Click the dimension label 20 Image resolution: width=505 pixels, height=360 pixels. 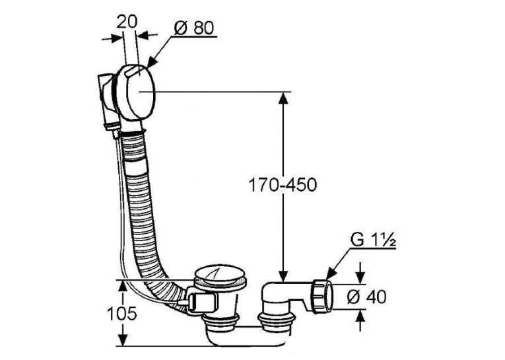click(127, 22)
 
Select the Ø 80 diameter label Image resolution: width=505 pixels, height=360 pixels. click(194, 28)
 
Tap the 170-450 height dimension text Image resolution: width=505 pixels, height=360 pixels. click(283, 185)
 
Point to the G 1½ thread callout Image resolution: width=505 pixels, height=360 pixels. click(372, 241)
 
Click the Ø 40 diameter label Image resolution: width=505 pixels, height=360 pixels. click(366, 297)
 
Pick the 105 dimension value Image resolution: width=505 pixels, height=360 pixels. click(121, 313)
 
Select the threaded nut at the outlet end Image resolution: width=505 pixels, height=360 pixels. click(322, 296)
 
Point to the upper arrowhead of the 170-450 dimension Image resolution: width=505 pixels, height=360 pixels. click(283, 99)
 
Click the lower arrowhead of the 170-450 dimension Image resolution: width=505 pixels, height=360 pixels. click(283, 275)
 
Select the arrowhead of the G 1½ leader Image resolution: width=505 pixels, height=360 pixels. click(331, 274)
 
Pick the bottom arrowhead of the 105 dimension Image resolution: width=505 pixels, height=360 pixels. click(122, 340)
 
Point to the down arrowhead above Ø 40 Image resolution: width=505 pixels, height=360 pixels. click(360, 278)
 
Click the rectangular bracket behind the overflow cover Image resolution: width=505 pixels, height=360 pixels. click(104, 100)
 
